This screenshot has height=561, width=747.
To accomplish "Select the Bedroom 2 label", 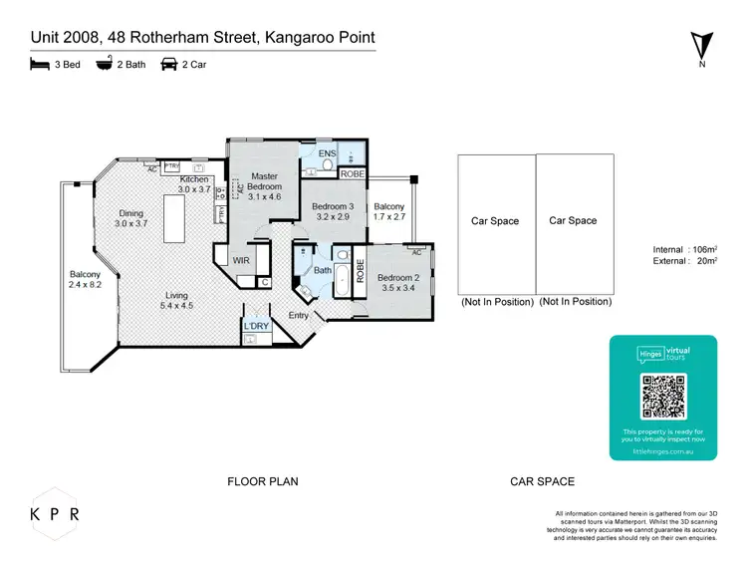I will pyautogui.click(x=398, y=282).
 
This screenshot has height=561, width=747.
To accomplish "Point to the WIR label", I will pyautogui.click(x=241, y=260).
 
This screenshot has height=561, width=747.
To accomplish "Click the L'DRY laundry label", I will pyautogui.click(x=256, y=326).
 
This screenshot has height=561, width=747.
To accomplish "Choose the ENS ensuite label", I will pyautogui.click(x=327, y=153).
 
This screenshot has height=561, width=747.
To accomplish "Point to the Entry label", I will pyautogui.click(x=299, y=316).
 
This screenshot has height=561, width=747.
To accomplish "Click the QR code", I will pyautogui.click(x=663, y=396).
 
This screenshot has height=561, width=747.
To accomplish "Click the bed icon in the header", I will pyautogui.click(x=39, y=64).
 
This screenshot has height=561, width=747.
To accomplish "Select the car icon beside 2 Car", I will pyautogui.click(x=169, y=64).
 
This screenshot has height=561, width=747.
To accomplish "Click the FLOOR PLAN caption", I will pyautogui.click(x=263, y=481).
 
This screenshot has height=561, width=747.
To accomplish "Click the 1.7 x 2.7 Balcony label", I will pyautogui.click(x=390, y=210).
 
